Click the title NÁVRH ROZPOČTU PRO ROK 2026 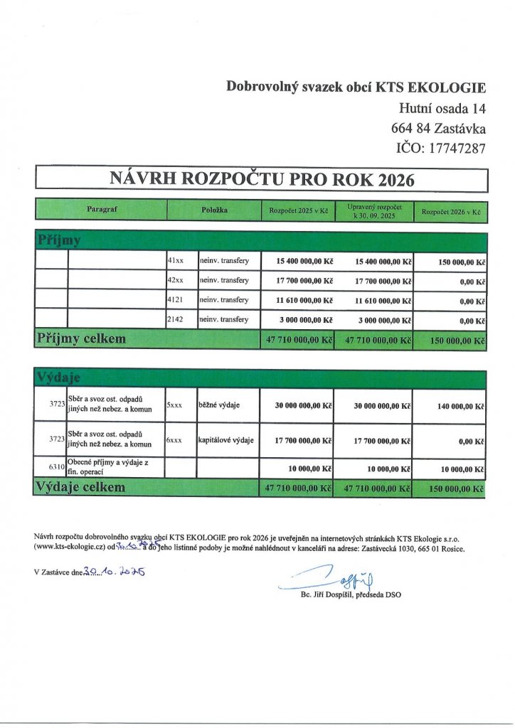tap(261, 178)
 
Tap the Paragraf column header tap(101, 210)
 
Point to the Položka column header tap(213, 210)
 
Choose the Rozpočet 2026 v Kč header tap(451, 211)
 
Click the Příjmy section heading tap(58, 240)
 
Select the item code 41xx tap(175, 261)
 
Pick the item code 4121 tap(175, 300)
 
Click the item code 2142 tap(175, 320)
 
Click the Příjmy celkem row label tap(81, 339)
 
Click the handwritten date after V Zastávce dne tap(115, 572)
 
